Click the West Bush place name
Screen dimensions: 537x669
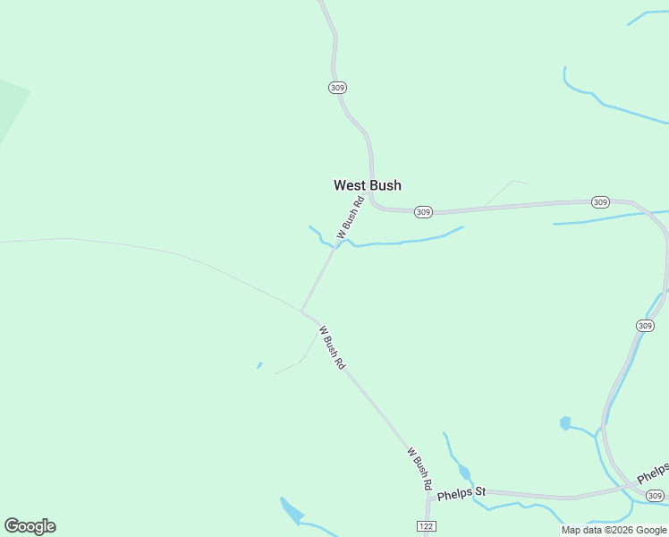point(367,185)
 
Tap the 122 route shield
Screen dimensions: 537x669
point(425,525)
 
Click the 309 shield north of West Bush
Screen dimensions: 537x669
point(337,88)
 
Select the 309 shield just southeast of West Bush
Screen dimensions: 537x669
point(423,212)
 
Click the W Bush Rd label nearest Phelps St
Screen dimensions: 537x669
point(419,469)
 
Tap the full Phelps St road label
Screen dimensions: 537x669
point(462,491)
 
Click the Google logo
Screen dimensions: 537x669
point(30,525)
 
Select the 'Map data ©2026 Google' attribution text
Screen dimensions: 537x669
point(614,530)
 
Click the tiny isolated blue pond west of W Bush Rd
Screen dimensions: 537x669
point(259,365)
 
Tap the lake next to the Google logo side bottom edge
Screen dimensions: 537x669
point(292,512)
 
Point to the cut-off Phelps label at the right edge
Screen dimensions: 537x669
point(653,473)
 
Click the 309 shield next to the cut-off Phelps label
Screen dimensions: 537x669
point(656,496)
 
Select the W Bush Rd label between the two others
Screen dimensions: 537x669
point(332,347)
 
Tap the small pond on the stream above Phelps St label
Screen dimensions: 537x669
point(463,472)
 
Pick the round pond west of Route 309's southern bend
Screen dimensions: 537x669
point(564,422)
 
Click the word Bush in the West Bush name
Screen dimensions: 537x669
point(385,185)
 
